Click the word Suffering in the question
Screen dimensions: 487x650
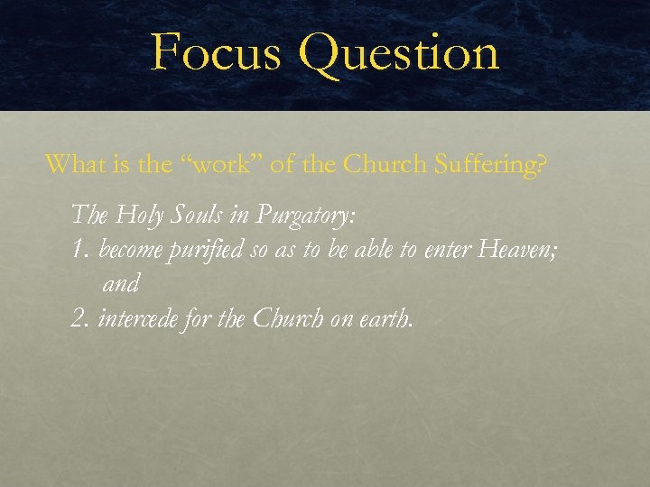click(x=496, y=165)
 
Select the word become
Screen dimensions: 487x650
click(x=130, y=249)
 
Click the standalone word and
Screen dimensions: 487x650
click(x=120, y=283)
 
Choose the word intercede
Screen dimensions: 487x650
click(x=136, y=317)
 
